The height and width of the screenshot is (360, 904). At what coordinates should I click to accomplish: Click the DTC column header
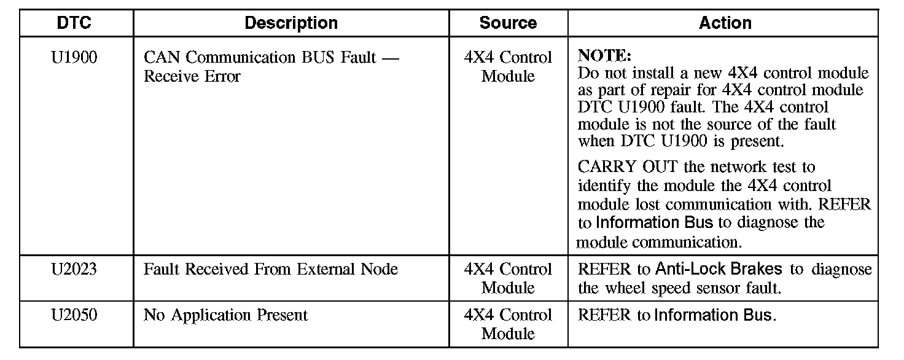tap(74, 23)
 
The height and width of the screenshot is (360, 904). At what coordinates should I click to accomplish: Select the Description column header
tap(291, 23)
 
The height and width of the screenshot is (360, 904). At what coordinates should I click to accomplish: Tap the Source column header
tap(508, 23)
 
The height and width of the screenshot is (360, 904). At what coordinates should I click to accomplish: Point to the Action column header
tap(725, 23)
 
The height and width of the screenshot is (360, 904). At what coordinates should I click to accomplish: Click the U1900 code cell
tap(74, 58)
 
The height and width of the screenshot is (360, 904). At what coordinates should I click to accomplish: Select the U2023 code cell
tap(74, 270)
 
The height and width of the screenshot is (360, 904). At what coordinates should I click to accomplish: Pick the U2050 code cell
tap(74, 316)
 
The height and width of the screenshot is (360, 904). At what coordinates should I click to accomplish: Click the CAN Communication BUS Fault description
tap(271, 58)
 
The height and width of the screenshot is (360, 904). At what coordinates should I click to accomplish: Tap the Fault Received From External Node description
tap(271, 270)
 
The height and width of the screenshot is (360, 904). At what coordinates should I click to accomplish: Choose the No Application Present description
tap(225, 316)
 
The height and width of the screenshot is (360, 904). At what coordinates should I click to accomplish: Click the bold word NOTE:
tap(604, 56)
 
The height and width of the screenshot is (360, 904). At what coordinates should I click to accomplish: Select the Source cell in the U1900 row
tap(508, 67)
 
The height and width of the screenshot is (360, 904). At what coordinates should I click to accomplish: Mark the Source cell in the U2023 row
tap(508, 278)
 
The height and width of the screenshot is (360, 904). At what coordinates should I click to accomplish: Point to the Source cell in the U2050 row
tap(508, 324)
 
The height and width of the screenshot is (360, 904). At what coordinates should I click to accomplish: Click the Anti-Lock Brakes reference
tap(719, 269)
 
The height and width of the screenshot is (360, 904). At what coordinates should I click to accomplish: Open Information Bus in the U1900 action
tap(645, 222)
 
